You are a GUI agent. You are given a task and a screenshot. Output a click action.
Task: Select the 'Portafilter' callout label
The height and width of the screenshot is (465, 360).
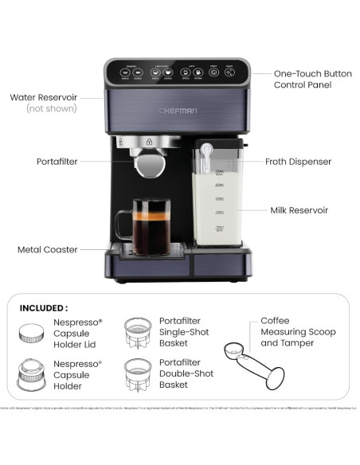click(57, 161)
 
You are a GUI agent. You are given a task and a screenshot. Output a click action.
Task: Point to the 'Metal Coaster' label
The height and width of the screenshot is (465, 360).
click(48, 249)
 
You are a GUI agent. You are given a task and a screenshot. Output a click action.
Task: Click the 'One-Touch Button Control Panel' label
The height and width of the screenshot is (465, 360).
click(312, 79)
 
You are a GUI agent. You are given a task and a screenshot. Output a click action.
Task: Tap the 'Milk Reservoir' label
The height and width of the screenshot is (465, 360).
click(298, 210)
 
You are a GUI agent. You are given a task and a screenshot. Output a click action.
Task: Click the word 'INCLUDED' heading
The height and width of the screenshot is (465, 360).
click(44, 307)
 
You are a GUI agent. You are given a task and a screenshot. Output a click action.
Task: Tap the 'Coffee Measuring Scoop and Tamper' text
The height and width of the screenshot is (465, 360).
click(298, 332)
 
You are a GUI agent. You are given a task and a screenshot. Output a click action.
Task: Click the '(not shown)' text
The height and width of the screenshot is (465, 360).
click(53, 108)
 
